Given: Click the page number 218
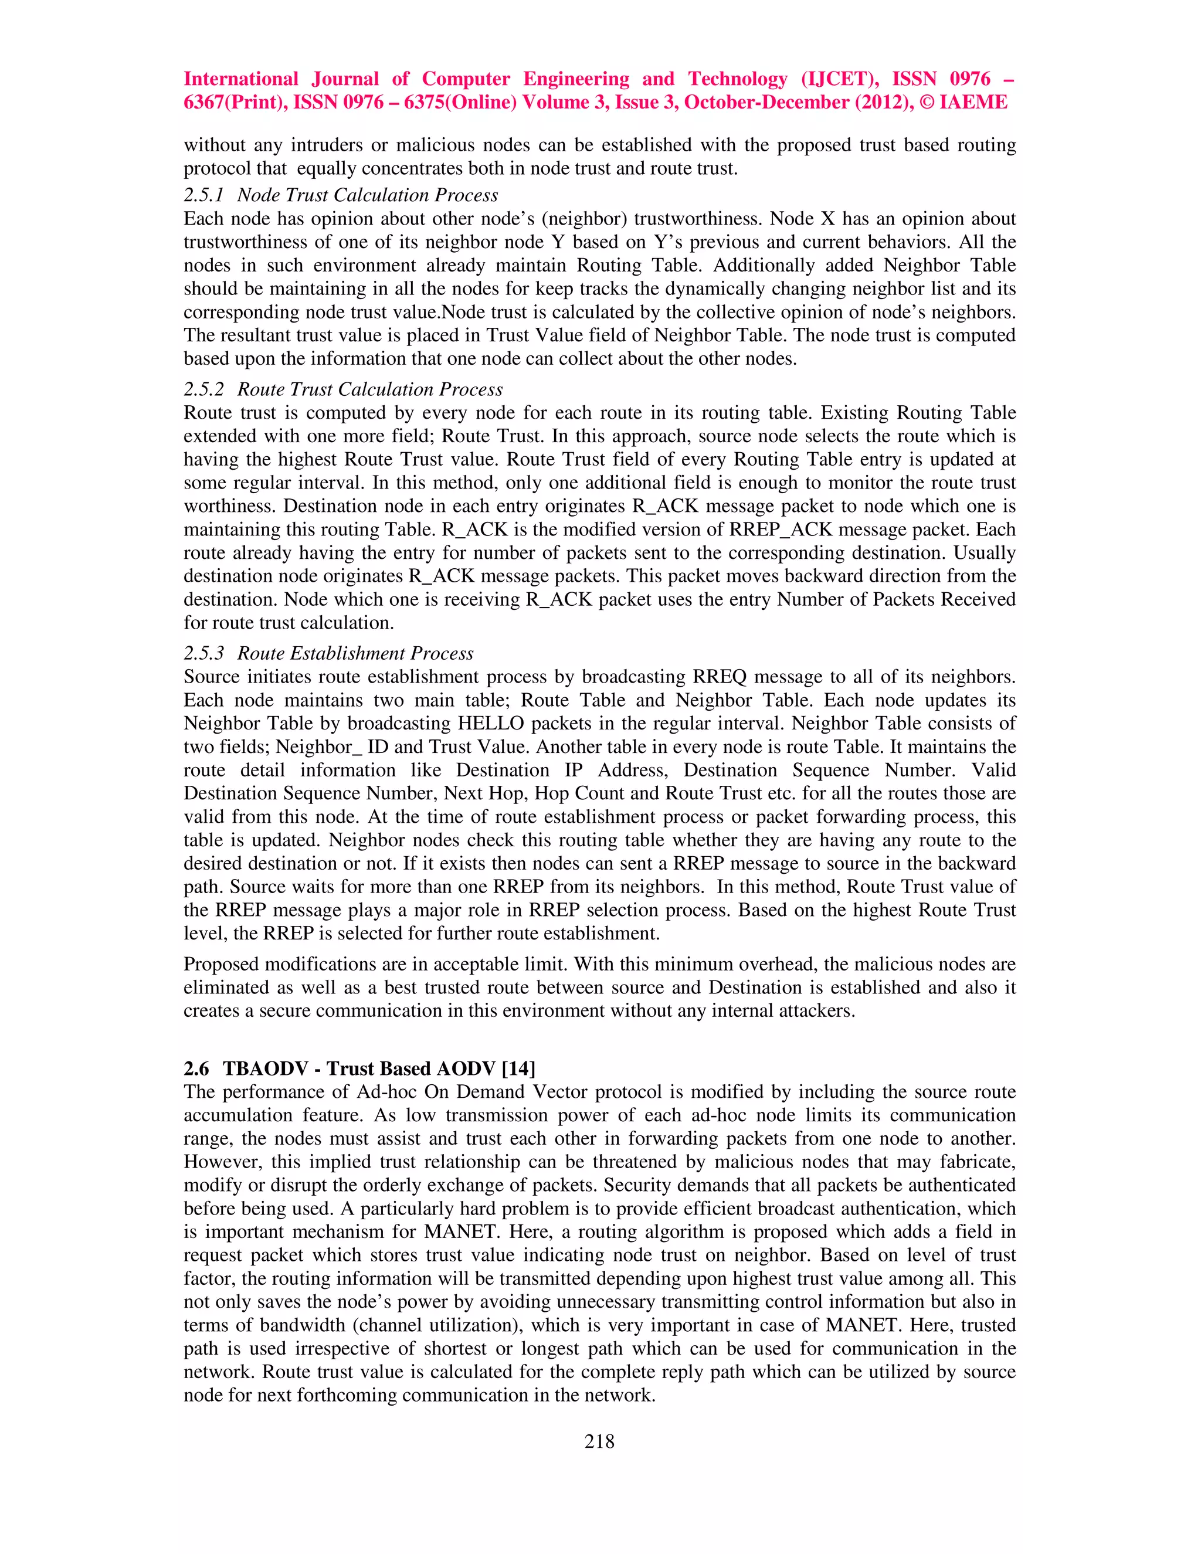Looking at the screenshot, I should coord(599,1441).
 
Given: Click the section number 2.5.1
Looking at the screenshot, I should coord(203,195).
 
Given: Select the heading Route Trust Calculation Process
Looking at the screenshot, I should coord(370,389).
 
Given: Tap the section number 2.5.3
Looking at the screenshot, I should coord(203,653).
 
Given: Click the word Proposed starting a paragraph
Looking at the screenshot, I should coord(221,964).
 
